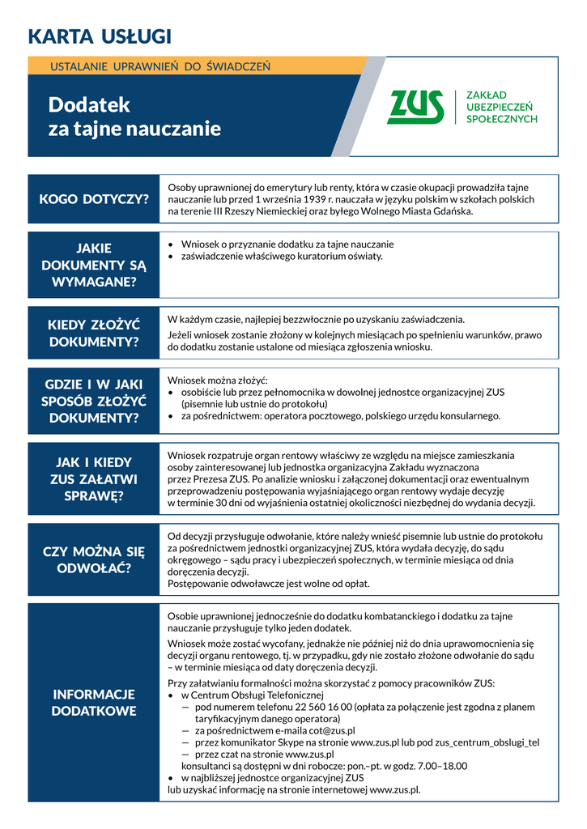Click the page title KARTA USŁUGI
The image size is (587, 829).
(x=100, y=36)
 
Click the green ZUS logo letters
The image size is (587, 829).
(x=416, y=107)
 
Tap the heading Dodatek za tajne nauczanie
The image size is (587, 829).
(x=134, y=117)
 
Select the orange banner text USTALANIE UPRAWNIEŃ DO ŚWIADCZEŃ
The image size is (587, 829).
(x=160, y=66)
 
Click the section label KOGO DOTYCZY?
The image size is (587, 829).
(x=94, y=199)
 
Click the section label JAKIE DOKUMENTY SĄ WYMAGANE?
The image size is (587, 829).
(x=94, y=265)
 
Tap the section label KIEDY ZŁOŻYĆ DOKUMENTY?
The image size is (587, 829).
(x=94, y=333)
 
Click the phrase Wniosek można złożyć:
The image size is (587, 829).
(x=218, y=380)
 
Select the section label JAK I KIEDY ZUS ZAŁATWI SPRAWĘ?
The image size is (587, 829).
(x=94, y=478)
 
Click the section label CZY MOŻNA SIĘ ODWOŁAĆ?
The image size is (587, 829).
(x=94, y=559)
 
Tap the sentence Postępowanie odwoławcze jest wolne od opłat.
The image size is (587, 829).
(x=268, y=584)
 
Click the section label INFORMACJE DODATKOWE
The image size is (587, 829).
(x=94, y=703)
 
